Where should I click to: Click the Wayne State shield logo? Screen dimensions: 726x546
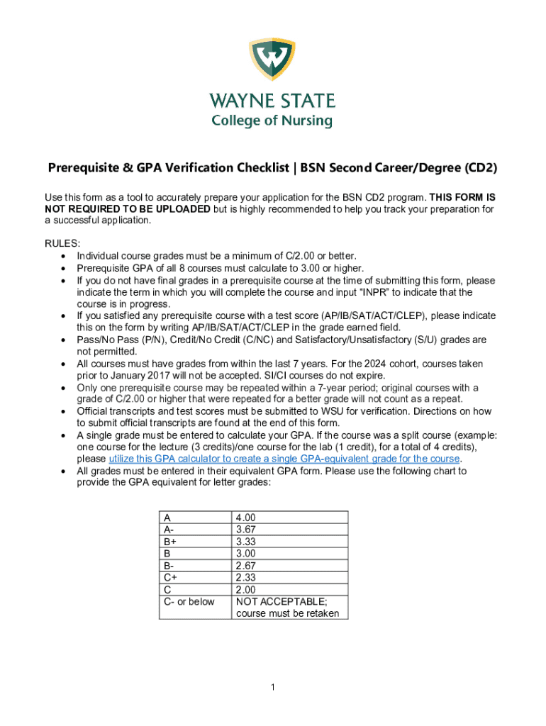tap(272, 61)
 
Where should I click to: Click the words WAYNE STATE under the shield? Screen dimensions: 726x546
tap(272, 101)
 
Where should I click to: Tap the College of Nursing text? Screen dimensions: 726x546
tap(272, 121)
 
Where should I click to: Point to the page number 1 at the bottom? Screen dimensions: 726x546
tap(272, 687)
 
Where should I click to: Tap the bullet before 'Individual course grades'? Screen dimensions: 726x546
tap(65, 256)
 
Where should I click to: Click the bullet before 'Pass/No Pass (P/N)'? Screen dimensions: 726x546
tap(65, 340)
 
